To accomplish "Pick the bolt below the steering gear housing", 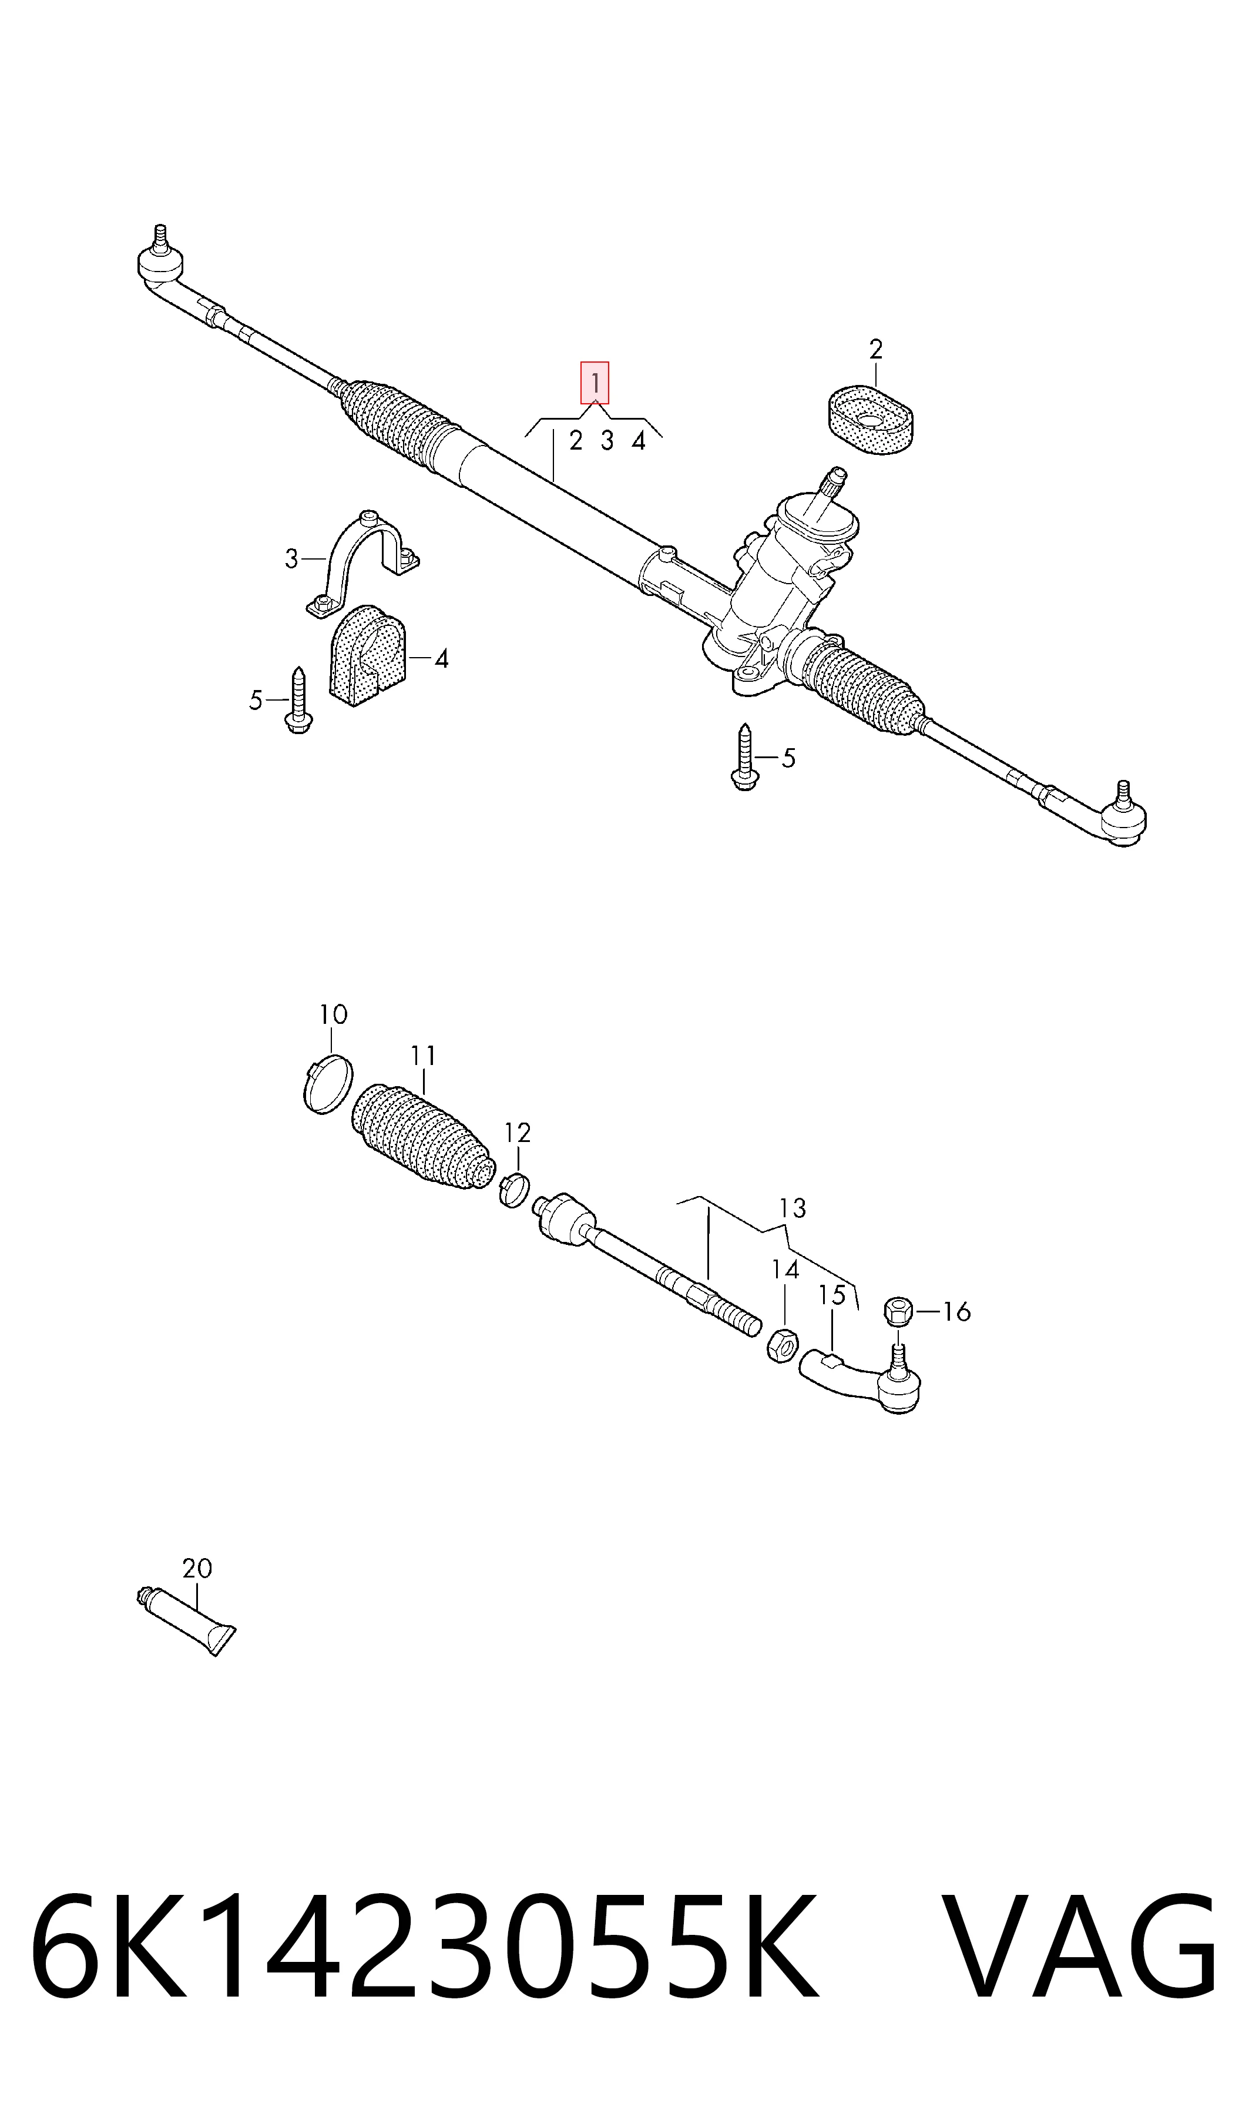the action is pos(743,757).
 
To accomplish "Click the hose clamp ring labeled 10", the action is pos(327,1084).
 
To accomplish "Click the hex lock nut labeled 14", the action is pos(782,1344).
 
